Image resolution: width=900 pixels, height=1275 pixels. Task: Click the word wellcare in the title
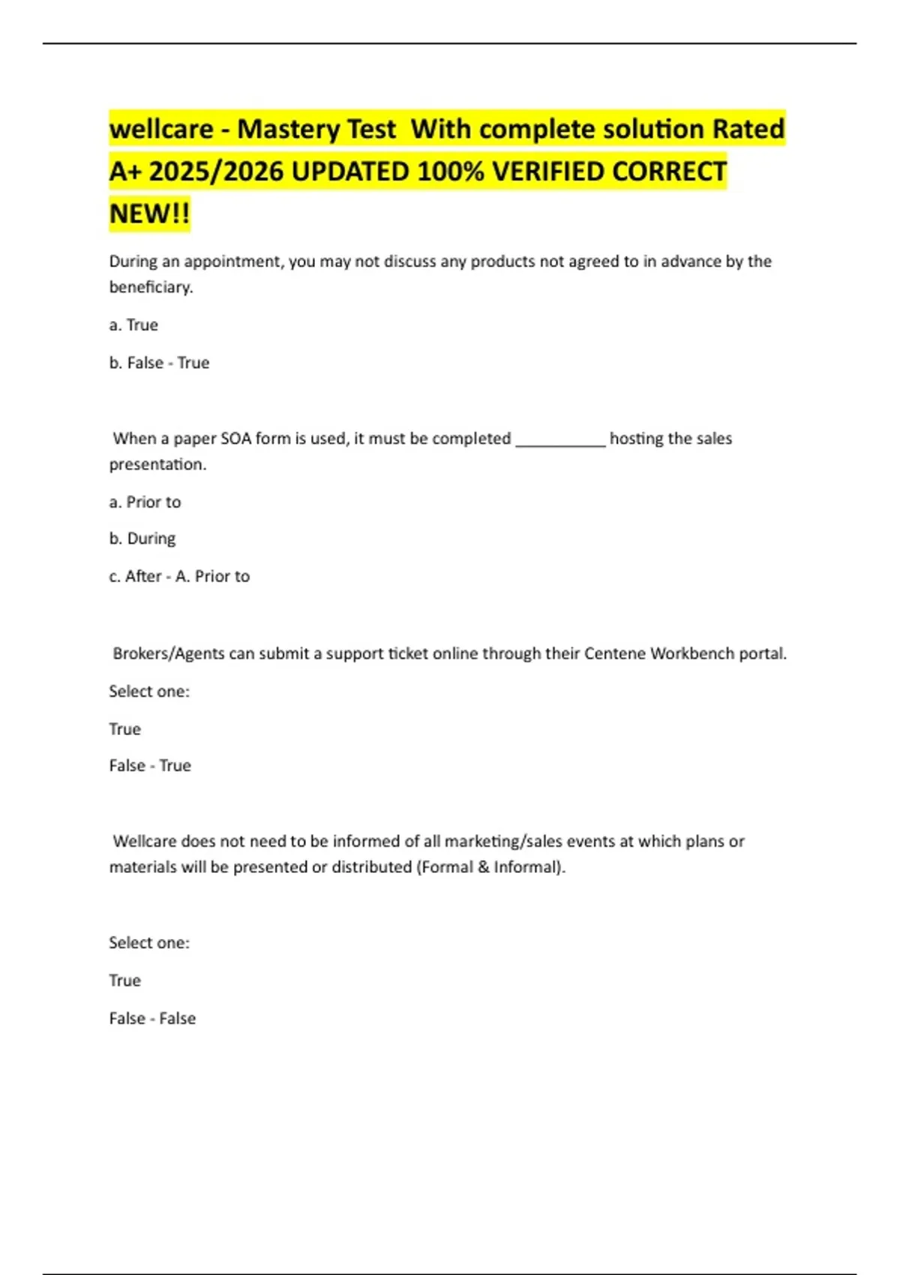(x=161, y=129)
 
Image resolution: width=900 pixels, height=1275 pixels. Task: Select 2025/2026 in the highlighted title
(x=216, y=172)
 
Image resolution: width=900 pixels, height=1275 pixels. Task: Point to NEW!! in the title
(x=149, y=214)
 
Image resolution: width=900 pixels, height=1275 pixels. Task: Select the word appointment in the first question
(x=232, y=262)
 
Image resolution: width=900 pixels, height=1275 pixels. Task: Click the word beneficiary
(x=151, y=287)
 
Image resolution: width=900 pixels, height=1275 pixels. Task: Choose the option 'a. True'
(x=133, y=325)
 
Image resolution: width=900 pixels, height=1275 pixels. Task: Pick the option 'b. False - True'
(x=159, y=363)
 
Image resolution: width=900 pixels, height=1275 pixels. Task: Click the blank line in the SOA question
(x=560, y=442)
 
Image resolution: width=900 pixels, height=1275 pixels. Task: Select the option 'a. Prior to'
(x=145, y=502)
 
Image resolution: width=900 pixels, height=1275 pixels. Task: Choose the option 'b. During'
(x=142, y=538)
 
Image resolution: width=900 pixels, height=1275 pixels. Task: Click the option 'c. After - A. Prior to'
(x=179, y=576)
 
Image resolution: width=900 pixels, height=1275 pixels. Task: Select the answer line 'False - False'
(x=152, y=1018)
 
